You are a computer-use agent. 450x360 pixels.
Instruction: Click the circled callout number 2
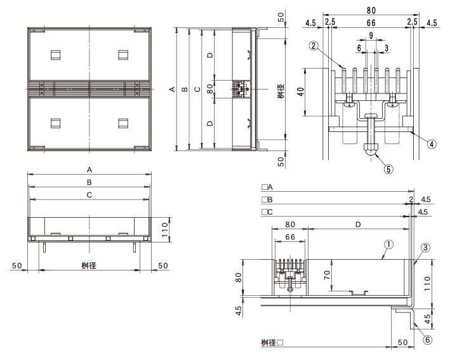(314, 45)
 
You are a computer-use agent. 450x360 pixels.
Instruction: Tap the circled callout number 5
(388, 169)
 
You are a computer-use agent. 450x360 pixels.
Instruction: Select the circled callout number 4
(432, 143)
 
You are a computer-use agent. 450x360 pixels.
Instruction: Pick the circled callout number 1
(388, 244)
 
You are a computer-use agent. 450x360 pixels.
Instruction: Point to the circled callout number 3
(425, 248)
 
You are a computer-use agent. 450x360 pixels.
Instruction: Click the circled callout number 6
(427, 340)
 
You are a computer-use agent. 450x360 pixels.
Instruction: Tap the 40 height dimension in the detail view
(300, 91)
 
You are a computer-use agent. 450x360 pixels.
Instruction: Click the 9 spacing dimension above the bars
(371, 36)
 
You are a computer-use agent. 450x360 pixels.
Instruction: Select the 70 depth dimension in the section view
(327, 275)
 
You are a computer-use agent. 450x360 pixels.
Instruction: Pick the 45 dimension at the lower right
(427, 319)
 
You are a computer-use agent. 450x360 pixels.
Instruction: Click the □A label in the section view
(267, 187)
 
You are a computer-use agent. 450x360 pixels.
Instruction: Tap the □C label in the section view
(267, 212)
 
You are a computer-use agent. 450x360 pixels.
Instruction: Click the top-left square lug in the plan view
(55, 55)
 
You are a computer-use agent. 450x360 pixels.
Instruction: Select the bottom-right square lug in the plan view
(123, 123)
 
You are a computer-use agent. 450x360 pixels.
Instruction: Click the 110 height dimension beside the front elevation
(165, 230)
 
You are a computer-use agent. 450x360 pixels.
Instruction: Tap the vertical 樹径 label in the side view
(281, 91)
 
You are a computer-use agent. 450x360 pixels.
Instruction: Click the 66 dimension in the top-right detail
(371, 23)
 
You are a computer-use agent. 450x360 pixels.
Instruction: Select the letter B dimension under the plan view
(89, 182)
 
